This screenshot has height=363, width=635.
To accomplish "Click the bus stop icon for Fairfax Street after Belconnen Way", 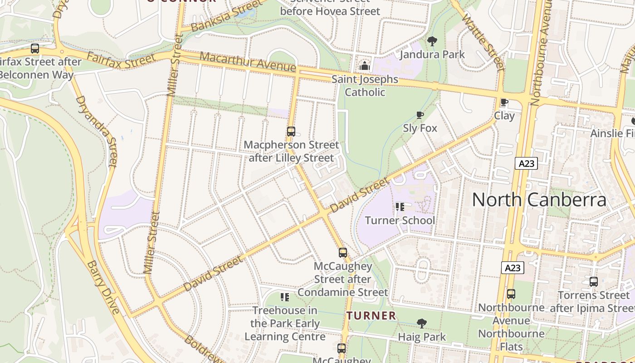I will coord(35,49).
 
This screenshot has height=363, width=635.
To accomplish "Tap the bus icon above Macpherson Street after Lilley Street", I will coord(291,132).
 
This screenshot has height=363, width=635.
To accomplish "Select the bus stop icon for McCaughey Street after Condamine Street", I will coord(343,253).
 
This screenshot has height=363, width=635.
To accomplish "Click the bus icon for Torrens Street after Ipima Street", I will coord(594,282).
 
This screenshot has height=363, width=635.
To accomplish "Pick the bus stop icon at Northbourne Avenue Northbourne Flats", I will coord(511,294).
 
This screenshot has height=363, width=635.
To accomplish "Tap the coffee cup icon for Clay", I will coord(504,102).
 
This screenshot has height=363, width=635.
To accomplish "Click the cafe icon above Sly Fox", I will coord(420,115).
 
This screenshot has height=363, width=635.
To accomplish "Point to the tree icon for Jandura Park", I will coord(432,41).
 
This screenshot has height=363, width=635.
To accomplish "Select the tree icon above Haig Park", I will coord(422,324).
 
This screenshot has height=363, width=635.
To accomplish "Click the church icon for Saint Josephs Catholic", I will coord(365,66).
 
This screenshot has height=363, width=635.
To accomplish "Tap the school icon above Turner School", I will coord(400,207).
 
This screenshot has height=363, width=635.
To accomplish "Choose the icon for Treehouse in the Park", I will coord(285,297).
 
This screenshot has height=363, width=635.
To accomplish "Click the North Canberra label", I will coord(539,200).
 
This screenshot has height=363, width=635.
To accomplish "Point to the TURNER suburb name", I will coord(371,315).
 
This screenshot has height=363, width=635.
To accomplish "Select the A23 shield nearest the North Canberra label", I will coord(526,163).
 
